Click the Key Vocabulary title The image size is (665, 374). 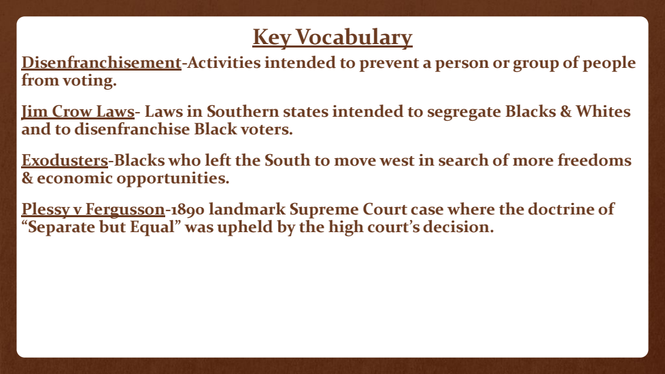[x=332, y=38]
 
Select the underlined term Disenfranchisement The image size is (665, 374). [x=101, y=62]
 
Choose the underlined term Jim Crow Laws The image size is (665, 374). [x=78, y=112]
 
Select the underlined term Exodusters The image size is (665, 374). [x=65, y=160]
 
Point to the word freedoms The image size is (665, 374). [x=594, y=160]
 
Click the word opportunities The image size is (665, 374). [x=173, y=179]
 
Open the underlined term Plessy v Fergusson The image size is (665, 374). [x=93, y=210]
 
